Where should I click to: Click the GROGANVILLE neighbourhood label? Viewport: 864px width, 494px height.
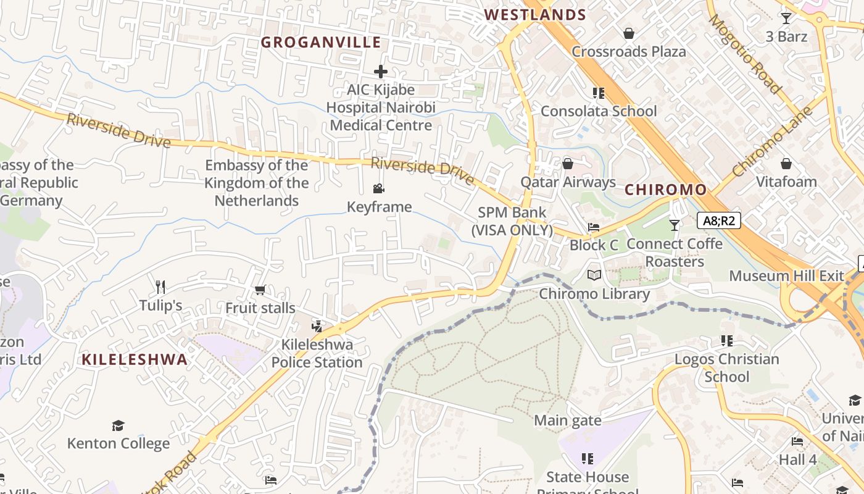point(320,42)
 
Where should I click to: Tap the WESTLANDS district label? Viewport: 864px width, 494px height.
point(534,15)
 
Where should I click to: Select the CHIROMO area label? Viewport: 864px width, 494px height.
point(665,190)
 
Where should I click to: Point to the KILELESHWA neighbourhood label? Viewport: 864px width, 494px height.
point(135,359)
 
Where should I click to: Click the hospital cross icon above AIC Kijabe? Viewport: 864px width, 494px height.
point(381,71)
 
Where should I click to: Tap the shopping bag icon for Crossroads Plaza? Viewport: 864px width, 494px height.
point(628,33)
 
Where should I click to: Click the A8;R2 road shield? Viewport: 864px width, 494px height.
point(718,220)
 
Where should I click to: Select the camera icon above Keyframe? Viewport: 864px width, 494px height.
point(378,188)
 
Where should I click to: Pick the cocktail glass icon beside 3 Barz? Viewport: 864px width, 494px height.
point(786,19)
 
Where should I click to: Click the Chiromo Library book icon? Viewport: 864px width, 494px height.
point(594,275)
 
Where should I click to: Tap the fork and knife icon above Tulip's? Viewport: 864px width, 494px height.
point(160,287)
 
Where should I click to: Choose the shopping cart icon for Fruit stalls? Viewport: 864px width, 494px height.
point(260,290)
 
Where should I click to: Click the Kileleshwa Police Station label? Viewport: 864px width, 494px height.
point(317,353)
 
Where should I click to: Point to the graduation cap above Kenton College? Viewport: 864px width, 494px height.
point(118,425)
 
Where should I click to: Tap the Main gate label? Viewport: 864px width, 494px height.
point(567,421)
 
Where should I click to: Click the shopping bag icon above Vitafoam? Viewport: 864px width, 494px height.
point(786,164)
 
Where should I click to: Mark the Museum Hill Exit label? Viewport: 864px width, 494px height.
point(786,275)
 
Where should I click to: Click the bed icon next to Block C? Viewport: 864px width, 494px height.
point(594,227)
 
